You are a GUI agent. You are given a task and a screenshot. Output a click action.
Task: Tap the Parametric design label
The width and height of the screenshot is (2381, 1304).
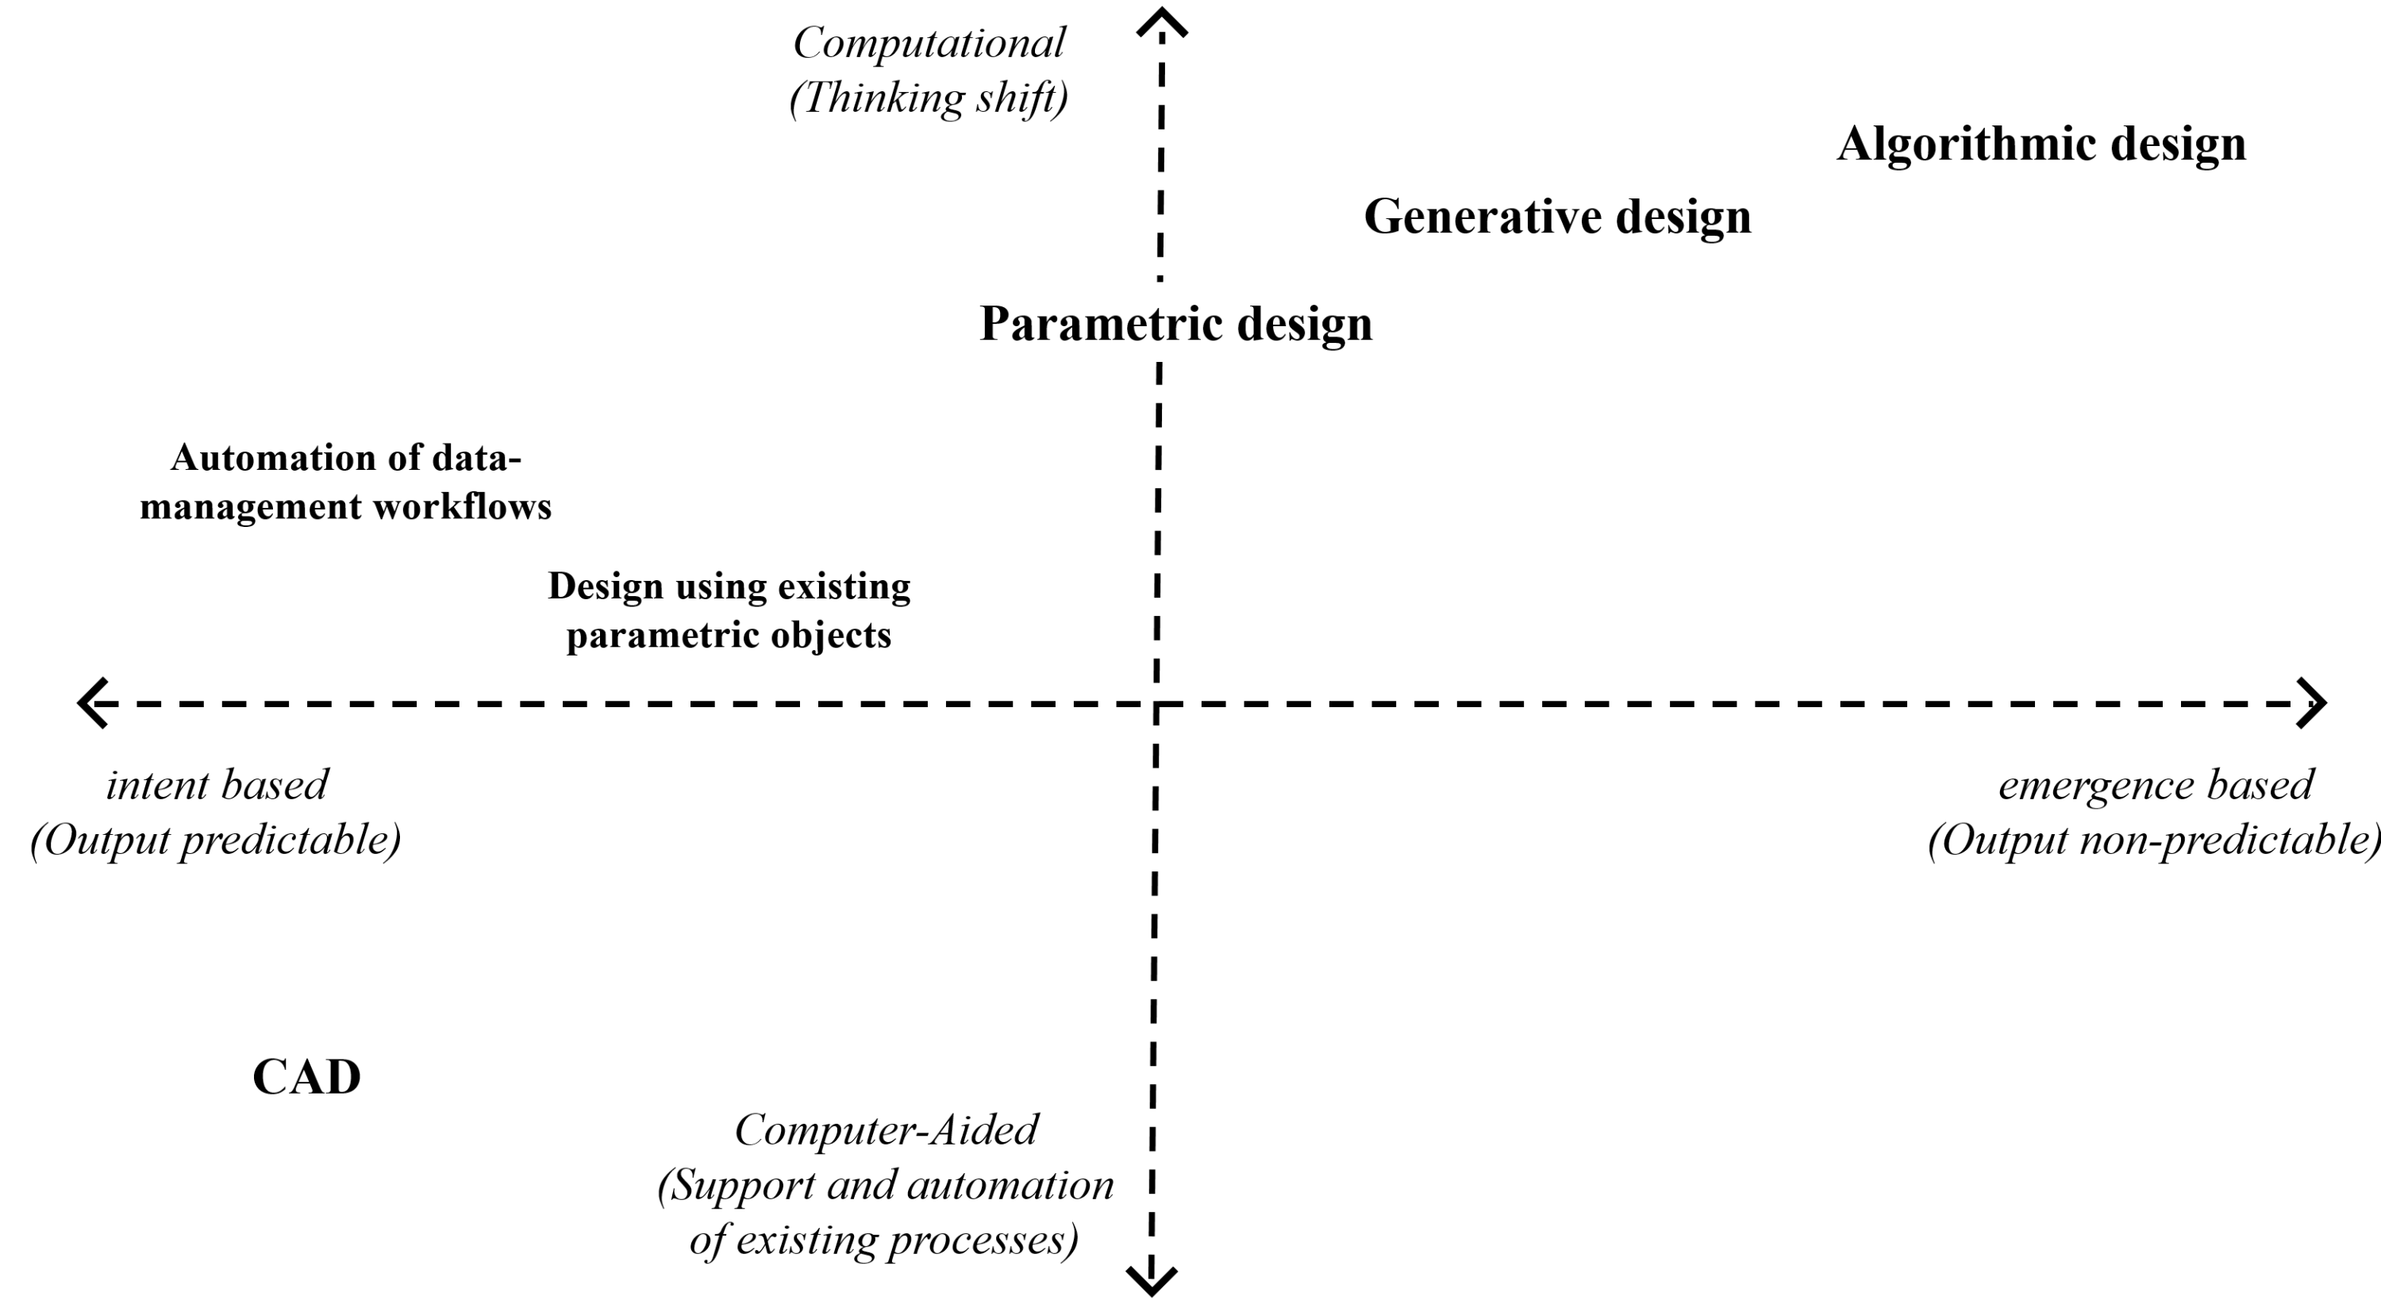pyautogui.click(x=1175, y=325)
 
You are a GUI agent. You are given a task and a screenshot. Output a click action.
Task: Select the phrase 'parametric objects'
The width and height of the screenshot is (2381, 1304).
pyautogui.click(x=729, y=636)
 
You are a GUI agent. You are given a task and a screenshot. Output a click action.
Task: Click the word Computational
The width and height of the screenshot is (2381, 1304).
pyautogui.click(x=929, y=43)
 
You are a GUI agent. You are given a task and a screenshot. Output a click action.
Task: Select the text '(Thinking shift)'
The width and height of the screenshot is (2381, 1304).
pyautogui.click(x=929, y=98)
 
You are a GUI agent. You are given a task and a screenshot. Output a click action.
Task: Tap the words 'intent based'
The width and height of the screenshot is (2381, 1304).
pyautogui.click(x=217, y=786)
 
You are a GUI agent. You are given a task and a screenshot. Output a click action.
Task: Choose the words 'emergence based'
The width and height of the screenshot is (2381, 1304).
pyautogui.click(x=2156, y=786)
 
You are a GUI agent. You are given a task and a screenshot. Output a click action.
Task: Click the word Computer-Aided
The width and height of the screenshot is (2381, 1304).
pyautogui.click(x=887, y=1130)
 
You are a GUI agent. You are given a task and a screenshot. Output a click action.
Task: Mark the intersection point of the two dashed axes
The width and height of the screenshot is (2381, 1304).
pyautogui.click(x=1156, y=703)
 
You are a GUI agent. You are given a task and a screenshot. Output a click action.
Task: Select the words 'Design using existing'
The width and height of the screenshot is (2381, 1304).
pyautogui.click(x=729, y=587)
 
